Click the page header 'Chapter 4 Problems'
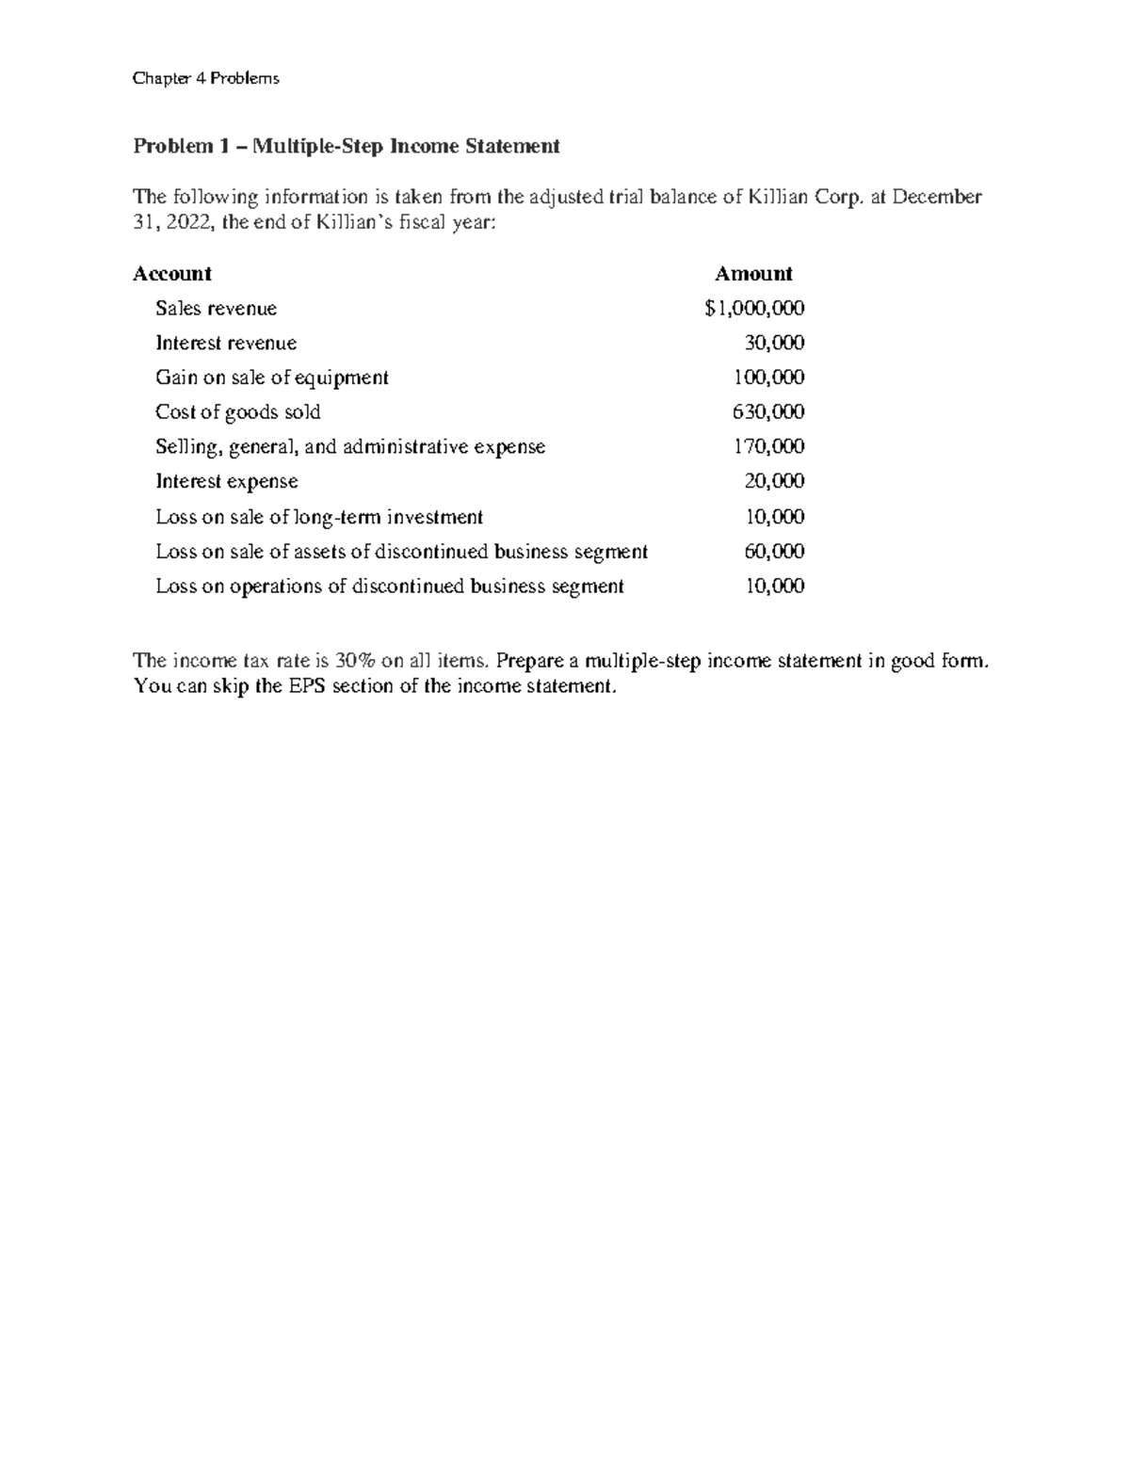tap(205, 78)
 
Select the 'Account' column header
tap(171, 274)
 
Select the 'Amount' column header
tap(753, 274)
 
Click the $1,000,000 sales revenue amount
tap(754, 309)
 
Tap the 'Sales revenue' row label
tap(216, 309)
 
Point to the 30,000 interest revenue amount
tap(774, 343)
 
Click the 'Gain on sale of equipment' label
tap(271, 378)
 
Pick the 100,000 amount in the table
tap(768, 378)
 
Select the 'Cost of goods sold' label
tap(237, 412)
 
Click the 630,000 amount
tap(768, 412)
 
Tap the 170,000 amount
tap(768, 446)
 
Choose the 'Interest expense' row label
tap(226, 481)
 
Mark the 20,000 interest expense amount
tap(774, 481)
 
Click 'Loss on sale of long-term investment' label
tap(319, 517)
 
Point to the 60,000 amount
tap(774, 552)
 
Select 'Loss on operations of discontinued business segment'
tap(389, 586)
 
